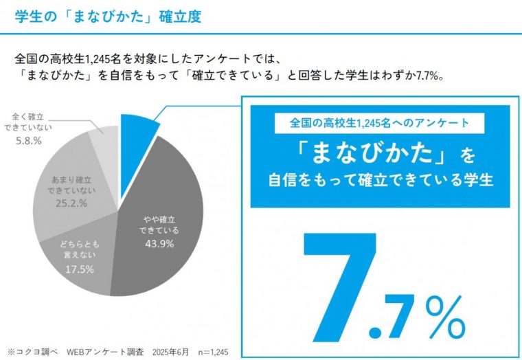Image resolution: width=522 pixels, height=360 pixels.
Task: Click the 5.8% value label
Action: pos(28,140)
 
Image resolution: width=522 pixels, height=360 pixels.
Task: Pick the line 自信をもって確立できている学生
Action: pos(379,181)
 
